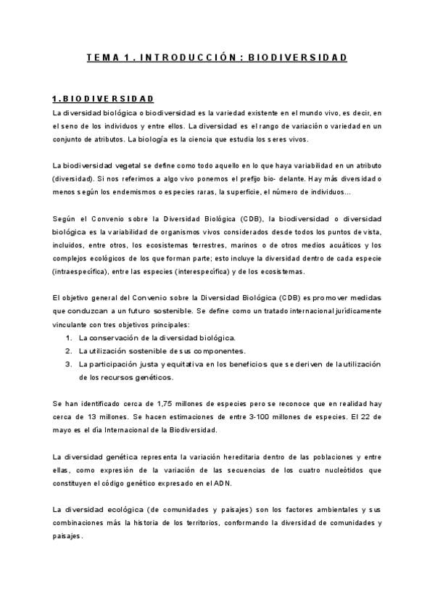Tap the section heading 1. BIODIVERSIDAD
[x=102, y=99]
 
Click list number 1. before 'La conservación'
[x=68, y=338]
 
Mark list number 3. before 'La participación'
[x=68, y=364]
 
